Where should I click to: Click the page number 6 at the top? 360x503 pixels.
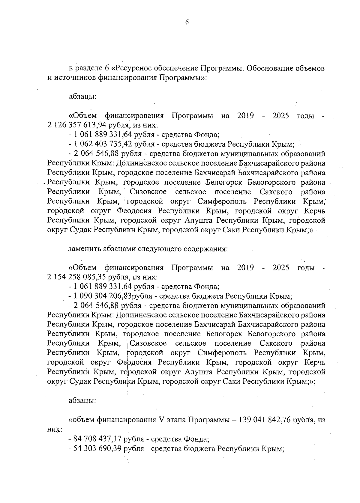pos(187,23)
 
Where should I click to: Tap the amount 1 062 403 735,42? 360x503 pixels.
pos(101,144)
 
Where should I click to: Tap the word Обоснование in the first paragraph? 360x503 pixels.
pos(268,69)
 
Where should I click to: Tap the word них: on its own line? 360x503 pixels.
pos(55,429)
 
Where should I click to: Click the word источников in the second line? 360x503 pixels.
pos(75,78)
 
